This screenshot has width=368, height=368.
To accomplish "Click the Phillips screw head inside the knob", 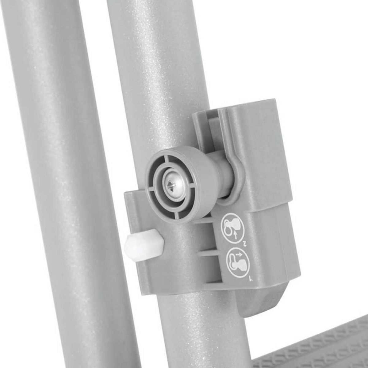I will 174,184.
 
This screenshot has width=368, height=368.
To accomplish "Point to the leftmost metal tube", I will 61,184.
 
